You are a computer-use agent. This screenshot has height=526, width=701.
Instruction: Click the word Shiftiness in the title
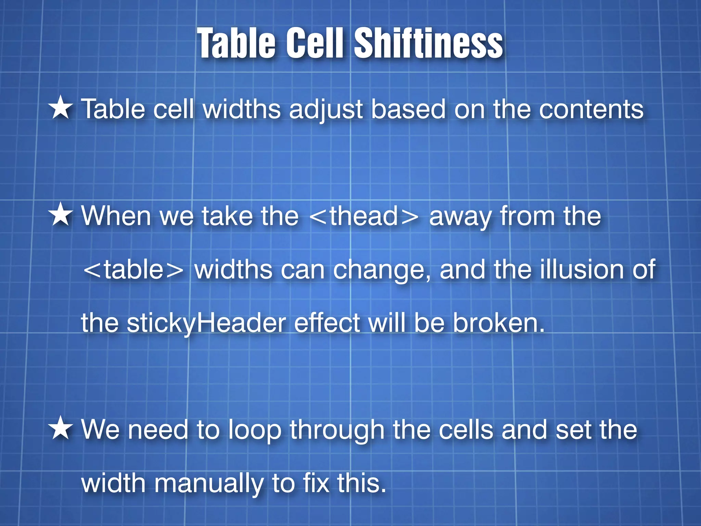pos(428,43)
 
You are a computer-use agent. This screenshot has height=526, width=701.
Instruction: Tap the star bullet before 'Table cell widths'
pos(61,108)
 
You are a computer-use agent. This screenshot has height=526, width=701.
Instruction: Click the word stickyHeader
pos(206,324)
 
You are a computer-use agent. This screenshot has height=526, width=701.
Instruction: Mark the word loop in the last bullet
pos(255,431)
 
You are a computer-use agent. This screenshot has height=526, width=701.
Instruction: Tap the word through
pos(337,431)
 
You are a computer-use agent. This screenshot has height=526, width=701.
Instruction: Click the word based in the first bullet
pos(408,110)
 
